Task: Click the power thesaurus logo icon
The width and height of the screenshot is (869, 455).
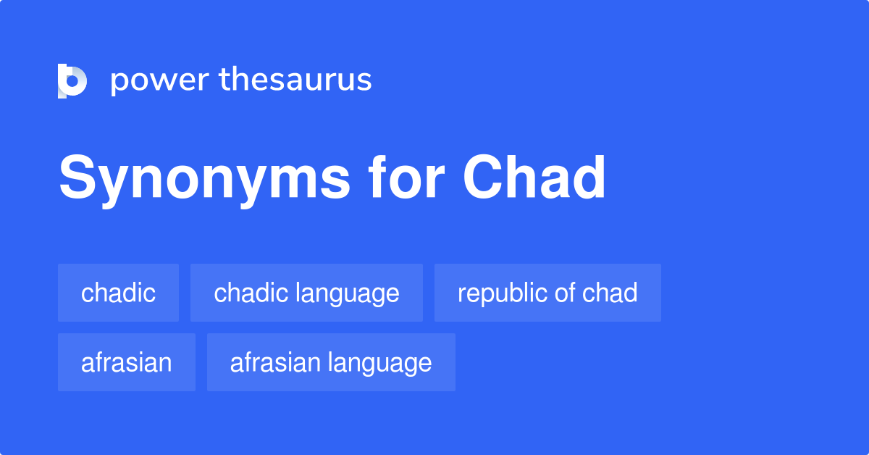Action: [72, 80]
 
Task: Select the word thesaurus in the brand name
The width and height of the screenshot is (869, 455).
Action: [295, 80]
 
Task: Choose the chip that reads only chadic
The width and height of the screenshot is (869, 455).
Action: [118, 293]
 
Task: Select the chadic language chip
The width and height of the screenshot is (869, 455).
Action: [306, 293]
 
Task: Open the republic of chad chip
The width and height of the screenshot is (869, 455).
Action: [547, 293]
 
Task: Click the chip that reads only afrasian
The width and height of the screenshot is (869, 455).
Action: [127, 362]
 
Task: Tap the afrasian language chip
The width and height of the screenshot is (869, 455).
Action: [331, 362]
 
